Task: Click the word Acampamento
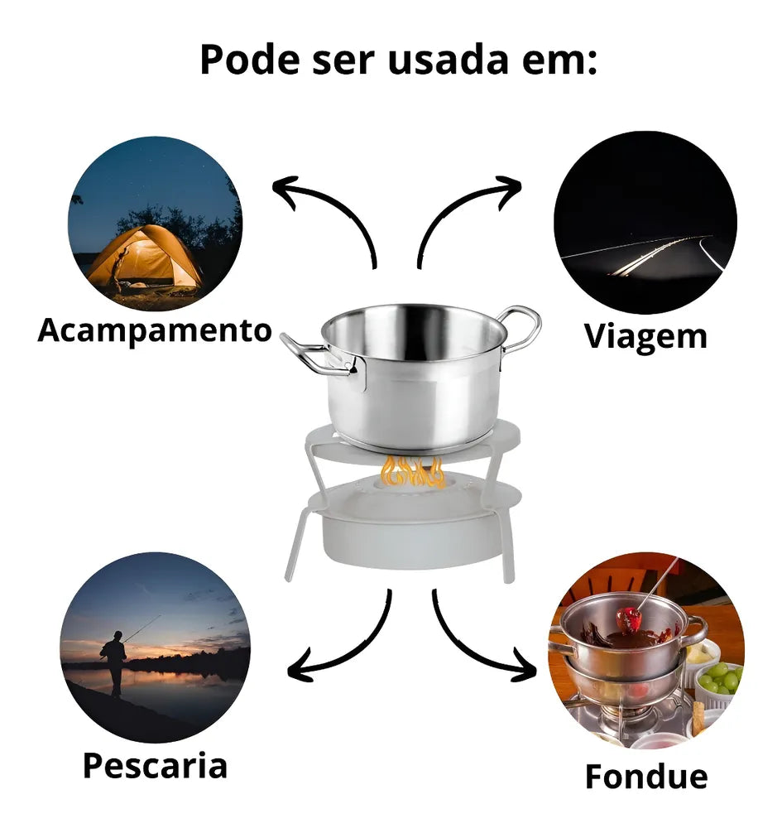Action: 155,330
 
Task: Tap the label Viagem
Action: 645,336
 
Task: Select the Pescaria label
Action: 155,766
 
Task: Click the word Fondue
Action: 645,777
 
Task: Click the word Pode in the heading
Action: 250,59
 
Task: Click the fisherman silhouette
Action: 114,662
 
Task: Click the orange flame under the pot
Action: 413,472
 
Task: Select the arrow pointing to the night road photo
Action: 455,210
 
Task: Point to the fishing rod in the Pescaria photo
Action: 142,628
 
